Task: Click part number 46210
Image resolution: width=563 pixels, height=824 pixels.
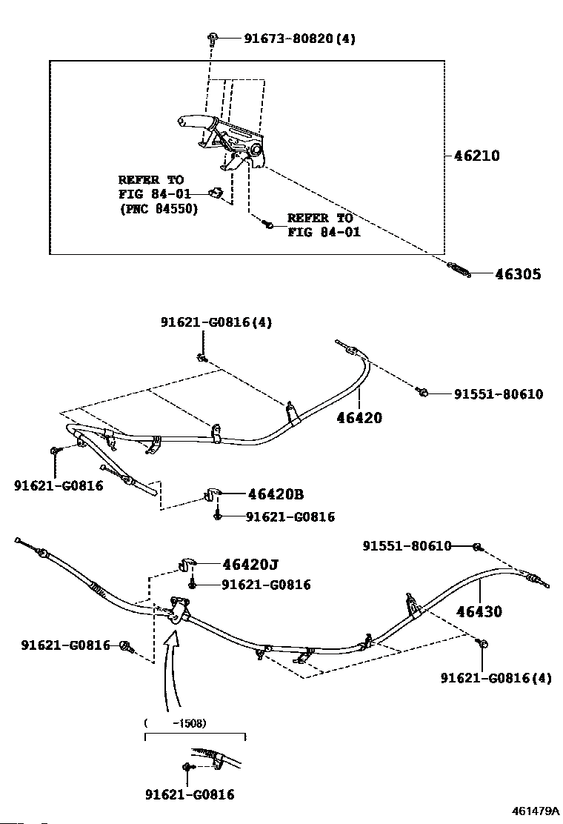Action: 477,156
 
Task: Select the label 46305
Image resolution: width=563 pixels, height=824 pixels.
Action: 518,274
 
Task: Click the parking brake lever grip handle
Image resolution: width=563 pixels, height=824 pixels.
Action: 193,122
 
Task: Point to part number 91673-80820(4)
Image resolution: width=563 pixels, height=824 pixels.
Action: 299,39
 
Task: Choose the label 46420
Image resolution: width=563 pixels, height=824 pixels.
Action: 358,418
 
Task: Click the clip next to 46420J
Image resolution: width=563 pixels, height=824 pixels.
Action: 187,565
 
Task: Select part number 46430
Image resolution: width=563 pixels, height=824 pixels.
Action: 479,612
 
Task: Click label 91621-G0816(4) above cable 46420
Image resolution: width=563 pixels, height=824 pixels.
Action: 216,322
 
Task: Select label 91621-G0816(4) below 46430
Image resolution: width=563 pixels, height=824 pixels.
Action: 496,677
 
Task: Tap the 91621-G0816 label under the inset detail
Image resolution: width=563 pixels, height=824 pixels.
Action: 190,794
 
